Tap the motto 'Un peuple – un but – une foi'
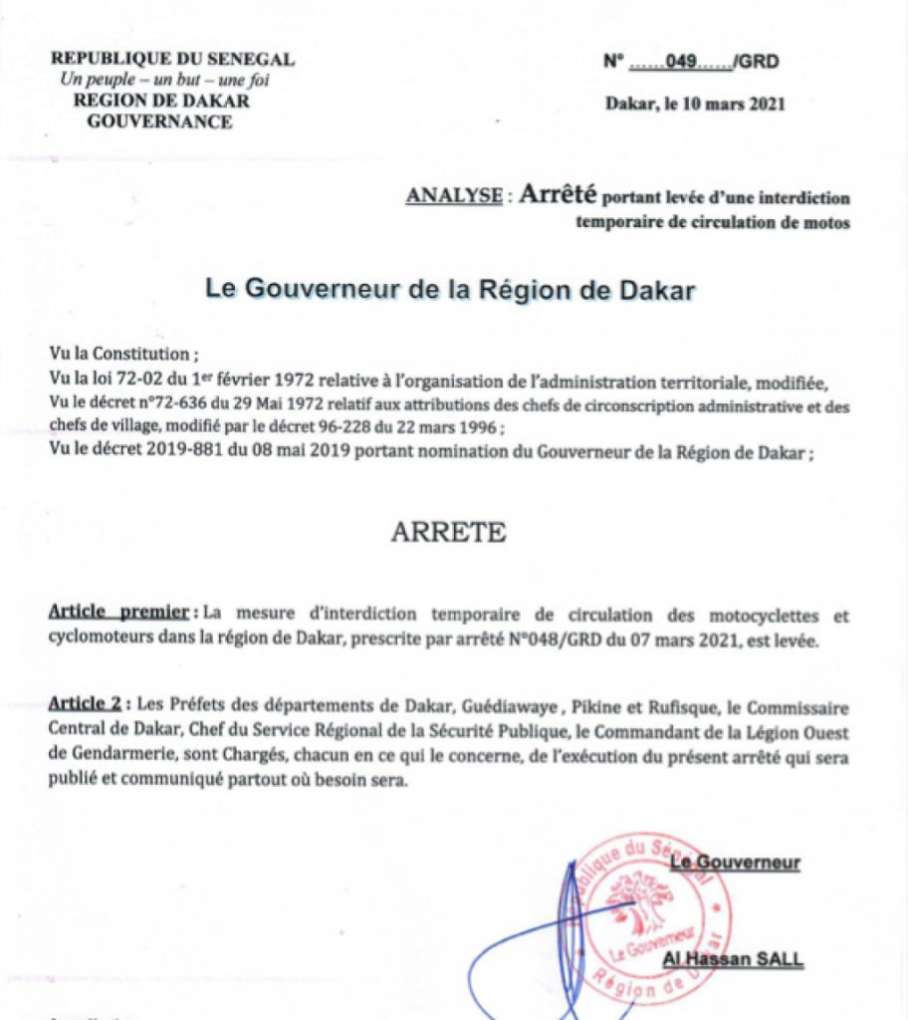(164, 80)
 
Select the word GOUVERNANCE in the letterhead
(160, 122)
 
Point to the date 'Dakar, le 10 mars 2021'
(695, 103)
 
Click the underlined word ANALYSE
(453, 196)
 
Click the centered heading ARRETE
(448, 533)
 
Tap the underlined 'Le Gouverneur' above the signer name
(735, 862)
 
